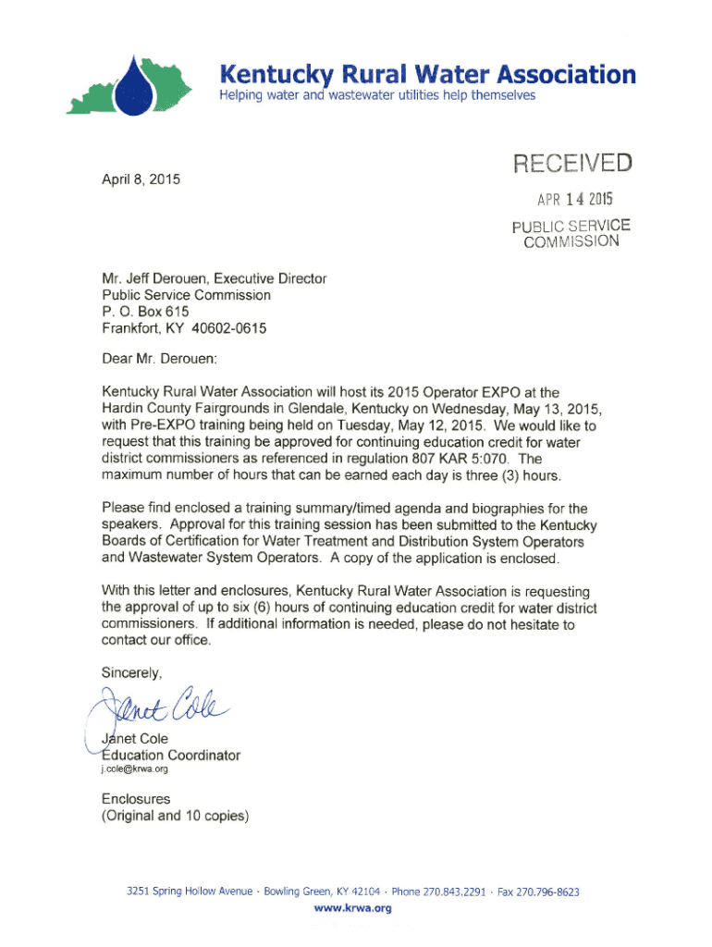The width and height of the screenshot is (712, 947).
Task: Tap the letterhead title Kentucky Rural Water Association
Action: [427, 74]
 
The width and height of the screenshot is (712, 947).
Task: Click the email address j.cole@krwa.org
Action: [135, 771]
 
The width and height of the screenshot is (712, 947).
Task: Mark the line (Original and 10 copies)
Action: [175, 816]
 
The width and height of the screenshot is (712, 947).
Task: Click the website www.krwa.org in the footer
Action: [356, 908]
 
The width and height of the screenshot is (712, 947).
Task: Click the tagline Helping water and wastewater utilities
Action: [376, 96]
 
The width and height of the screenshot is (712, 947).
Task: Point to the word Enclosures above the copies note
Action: [136, 798]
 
